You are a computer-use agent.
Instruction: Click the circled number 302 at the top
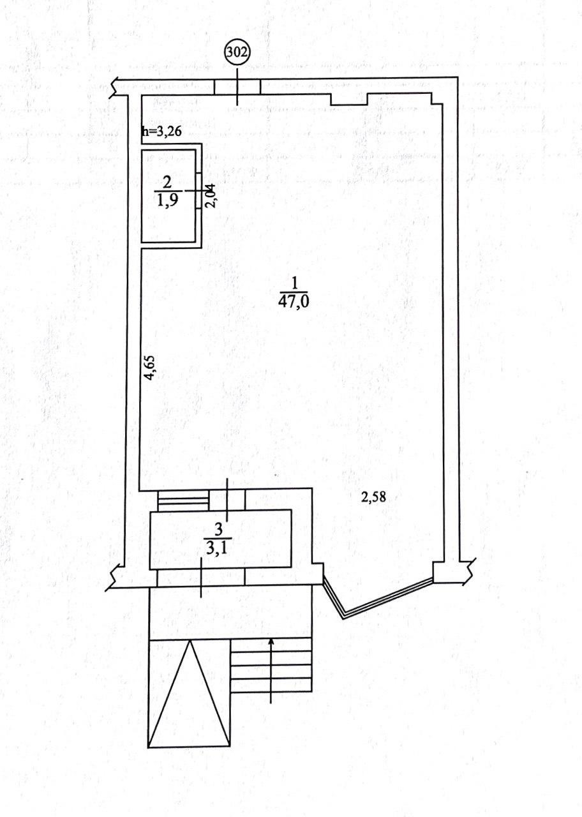(x=237, y=53)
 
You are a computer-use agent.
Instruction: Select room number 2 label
(x=167, y=183)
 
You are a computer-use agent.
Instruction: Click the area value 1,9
(x=167, y=200)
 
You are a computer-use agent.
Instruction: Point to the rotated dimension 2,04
(x=211, y=197)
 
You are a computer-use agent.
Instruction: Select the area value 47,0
(x=294, y=302)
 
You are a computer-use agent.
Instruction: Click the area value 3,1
(x=218, y=548)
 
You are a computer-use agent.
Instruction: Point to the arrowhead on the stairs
(x=271, y=641)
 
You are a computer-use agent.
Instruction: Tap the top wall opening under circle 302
(x=237, y=87)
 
